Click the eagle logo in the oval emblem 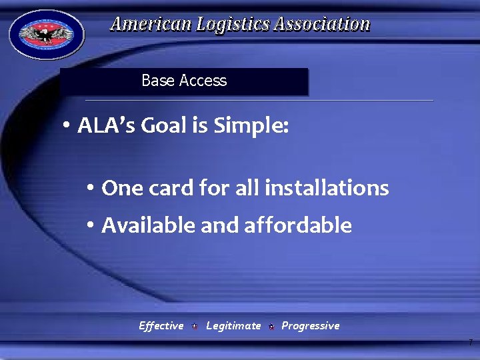(x=46, y=35)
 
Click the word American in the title (x=151, y=25)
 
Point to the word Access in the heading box (x=203, y=81)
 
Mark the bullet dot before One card (x=91, y=189)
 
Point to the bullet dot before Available (x=91, y=226)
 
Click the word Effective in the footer (x=161, y=326)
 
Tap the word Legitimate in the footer (x=233, y=326)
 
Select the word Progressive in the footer (x=310, y=326)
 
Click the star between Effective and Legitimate (x=194, y=327)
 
